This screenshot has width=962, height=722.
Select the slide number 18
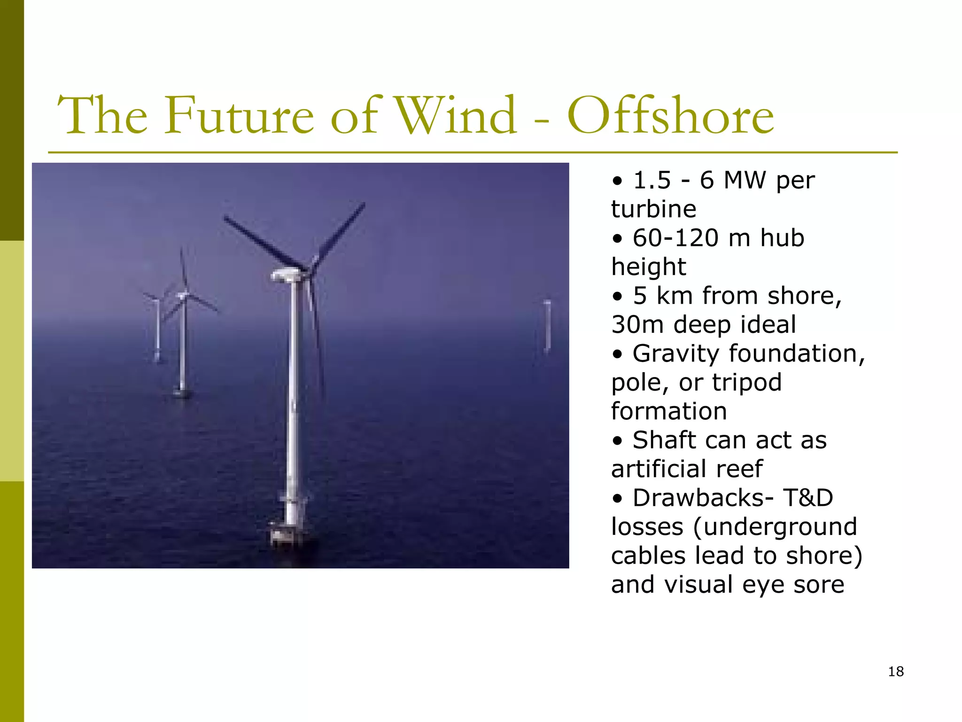point(896,671)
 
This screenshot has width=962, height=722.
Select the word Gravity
point(675,353)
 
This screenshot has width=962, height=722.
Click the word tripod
point(747,382)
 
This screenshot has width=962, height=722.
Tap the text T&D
point(808,498)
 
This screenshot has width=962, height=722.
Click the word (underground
point(775,527)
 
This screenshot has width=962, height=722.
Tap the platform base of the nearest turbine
point(287,534)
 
